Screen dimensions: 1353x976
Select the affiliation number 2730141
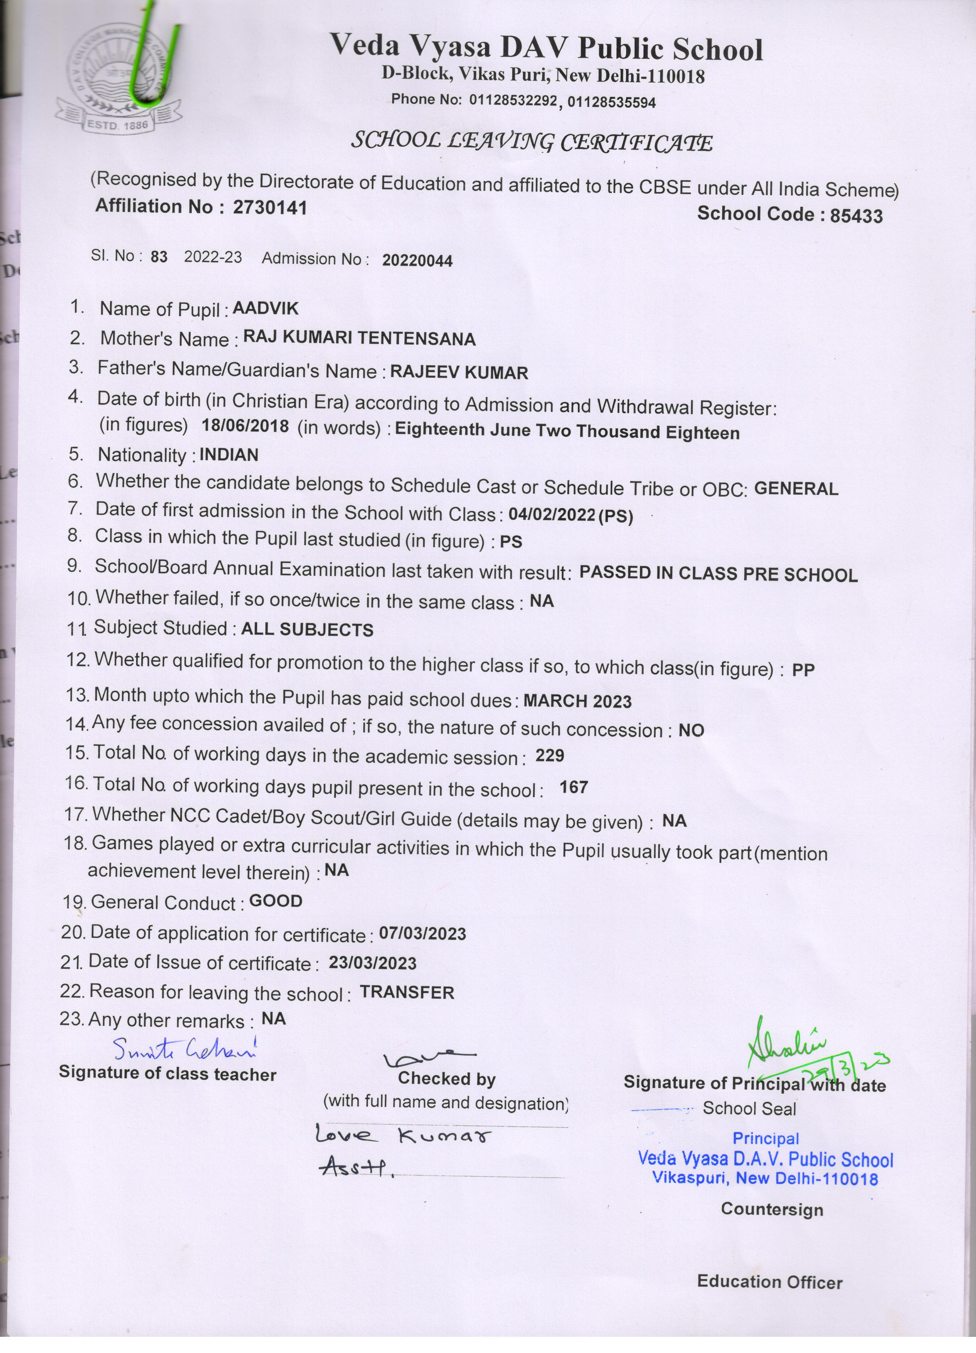click(x=270, y=207)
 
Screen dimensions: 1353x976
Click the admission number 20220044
click(x=417, y=261)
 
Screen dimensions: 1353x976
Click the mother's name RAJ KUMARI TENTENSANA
click(x=359, y=339)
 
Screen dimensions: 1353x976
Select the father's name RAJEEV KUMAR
click(x=459, y=373)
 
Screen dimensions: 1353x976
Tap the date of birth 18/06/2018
click(x=245, y=426)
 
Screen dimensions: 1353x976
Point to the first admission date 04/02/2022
click(x=552, y=515)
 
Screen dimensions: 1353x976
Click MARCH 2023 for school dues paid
click(x=577, y=701)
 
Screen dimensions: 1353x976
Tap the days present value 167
click(x=574, y=787)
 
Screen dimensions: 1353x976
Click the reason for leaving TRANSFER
click(x=407, y=992)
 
